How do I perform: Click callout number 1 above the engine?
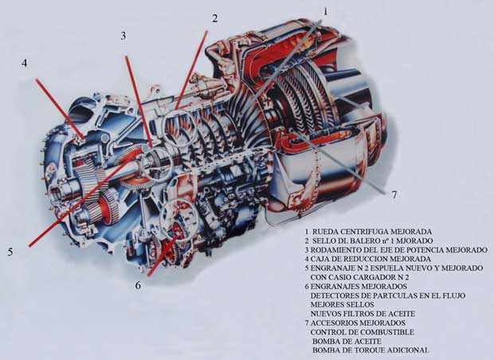tap(325, 12)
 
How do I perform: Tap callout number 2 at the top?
tap(214, 18)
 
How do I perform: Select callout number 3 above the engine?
tap(123, 36)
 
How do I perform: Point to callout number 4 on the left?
tap(24, 63)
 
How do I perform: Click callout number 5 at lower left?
tap(10, 252)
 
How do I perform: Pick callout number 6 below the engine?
tap(138, 285)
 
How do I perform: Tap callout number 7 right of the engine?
tap(394, 195)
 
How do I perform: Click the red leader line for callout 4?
tap(60, 109)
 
